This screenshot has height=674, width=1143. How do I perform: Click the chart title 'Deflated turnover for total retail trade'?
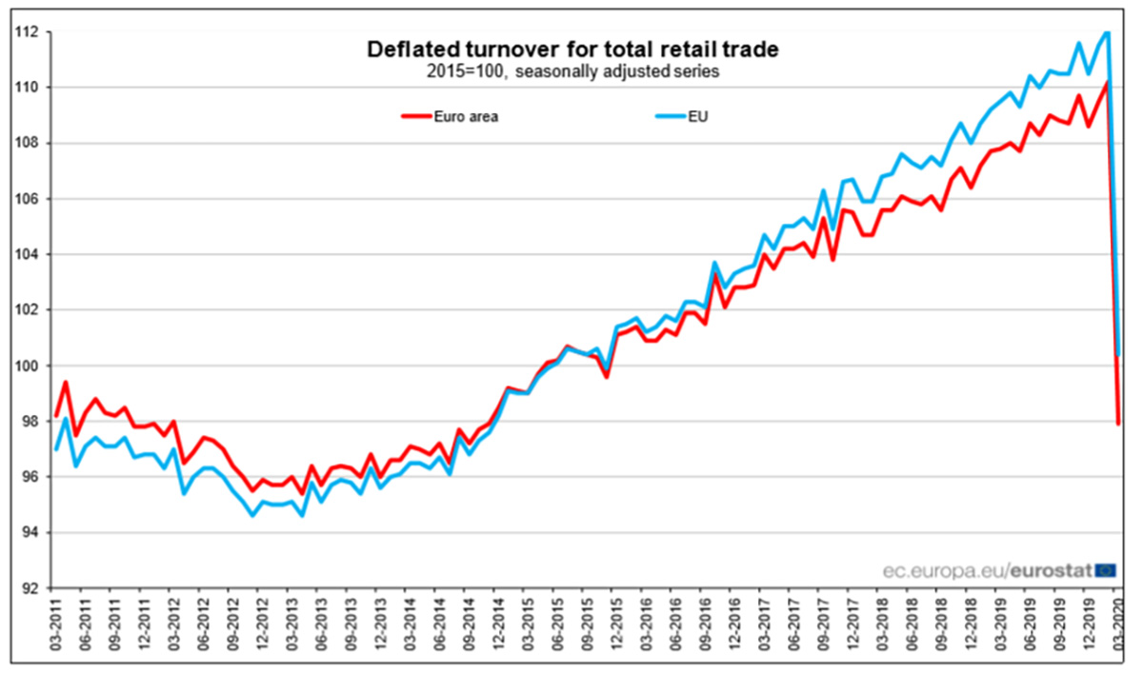tap(572, 50)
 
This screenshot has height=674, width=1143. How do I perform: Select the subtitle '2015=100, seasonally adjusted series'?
tap(572, 71)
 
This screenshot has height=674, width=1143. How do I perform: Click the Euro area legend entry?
tap(450, 116)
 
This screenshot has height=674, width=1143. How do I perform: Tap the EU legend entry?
tap(682, 116)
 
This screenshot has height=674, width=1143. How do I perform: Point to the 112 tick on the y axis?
tap(27, 32)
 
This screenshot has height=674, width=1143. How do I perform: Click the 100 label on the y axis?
tap(27, 366)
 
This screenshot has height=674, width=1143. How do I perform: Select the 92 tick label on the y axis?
tap(30, 588)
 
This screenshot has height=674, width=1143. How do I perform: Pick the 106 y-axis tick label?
tap(27, 199)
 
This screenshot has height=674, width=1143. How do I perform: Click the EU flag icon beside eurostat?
tap(1106, 570)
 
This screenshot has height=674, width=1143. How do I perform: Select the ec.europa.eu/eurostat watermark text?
tap(988, 570)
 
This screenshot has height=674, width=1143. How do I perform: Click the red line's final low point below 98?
tap(1118, 424)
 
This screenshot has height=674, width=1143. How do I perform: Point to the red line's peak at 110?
tap(1107, 82)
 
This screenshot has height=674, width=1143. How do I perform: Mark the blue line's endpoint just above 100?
tap(1118, 354)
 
